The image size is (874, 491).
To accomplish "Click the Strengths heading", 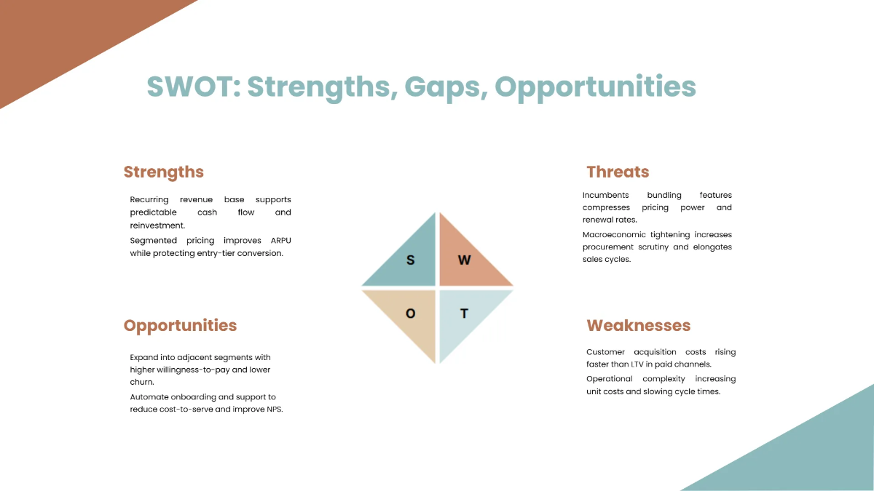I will click(x=163, y=172).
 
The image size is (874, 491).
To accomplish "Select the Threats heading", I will click(x=618, y=172).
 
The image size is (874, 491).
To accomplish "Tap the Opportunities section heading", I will click(x=180, y=325).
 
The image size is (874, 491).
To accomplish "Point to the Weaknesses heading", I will click(x=638, y=325).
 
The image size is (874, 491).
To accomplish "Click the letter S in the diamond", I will click(x=410, y=260).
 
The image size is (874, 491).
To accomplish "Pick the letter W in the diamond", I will click(x=464, y=260).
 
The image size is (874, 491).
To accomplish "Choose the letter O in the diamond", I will click(x=410, y=314).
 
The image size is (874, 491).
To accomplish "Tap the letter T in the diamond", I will click(x=464, y=314).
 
